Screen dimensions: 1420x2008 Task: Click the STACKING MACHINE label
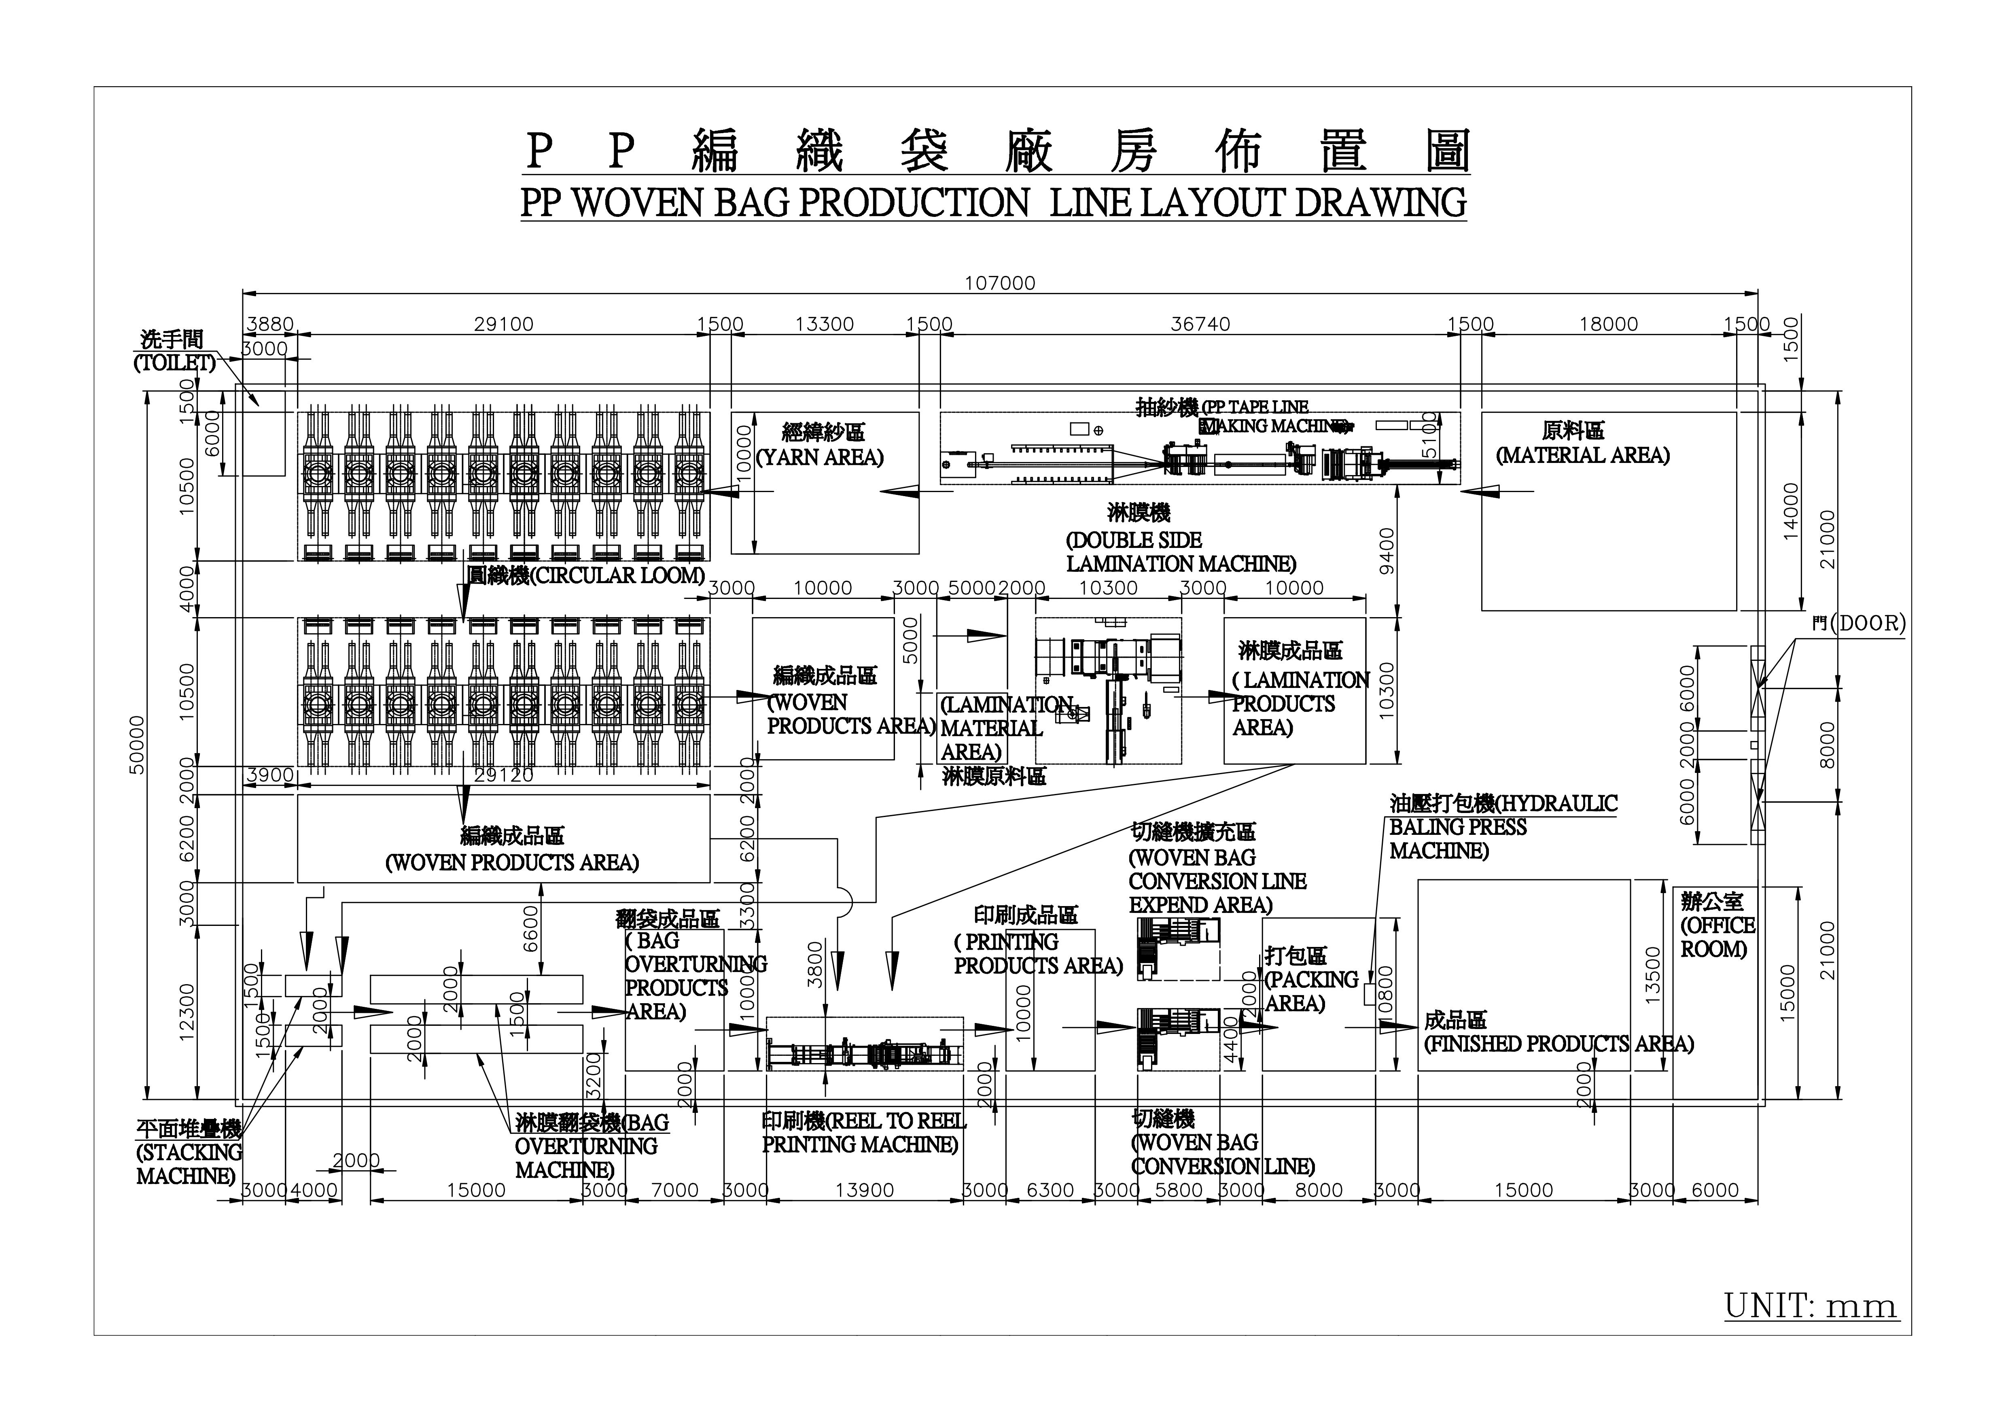pos(188,1153)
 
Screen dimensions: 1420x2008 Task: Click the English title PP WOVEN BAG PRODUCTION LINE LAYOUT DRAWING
pos(994,203)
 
